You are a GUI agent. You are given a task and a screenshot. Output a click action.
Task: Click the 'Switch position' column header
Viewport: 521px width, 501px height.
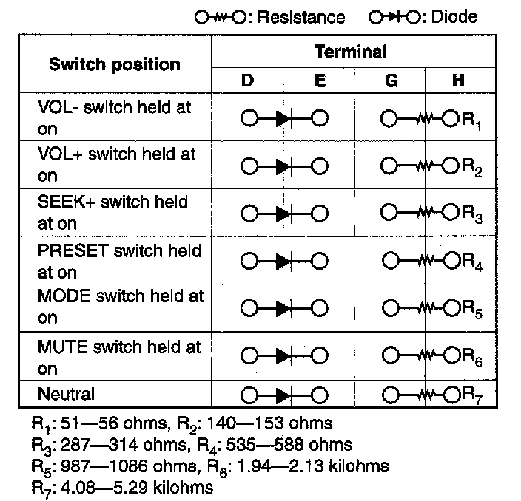115,64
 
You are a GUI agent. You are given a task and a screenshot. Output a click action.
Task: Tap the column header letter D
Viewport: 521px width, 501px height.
247,81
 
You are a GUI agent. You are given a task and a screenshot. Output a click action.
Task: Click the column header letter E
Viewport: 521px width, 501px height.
320,81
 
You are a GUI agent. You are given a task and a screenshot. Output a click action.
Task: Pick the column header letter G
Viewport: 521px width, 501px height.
390,81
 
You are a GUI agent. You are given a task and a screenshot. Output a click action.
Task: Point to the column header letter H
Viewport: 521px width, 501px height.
458,81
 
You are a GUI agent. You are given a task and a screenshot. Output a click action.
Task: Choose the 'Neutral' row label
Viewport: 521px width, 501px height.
66,395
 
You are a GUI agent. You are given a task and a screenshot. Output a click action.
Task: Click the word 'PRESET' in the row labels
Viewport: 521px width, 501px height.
71,250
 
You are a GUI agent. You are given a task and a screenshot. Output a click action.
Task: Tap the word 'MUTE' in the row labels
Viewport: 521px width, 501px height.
61,347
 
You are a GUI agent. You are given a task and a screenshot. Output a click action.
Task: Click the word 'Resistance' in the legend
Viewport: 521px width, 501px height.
300,16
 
